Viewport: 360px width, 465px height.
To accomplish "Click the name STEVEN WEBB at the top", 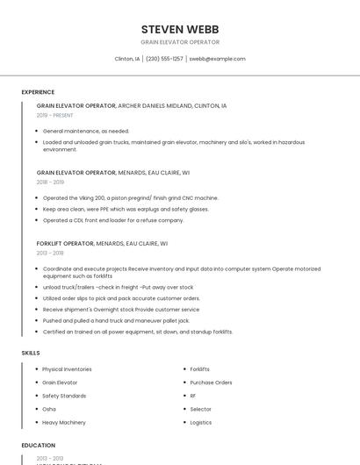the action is [180, 29].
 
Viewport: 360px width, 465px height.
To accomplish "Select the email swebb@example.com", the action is [217, 59].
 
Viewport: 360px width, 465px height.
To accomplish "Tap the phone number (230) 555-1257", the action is [164, 59].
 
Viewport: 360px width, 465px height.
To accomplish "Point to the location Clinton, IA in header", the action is [127, 59].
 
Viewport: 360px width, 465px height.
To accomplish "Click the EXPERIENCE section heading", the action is [38, 92].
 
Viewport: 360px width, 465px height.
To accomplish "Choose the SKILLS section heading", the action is [31, 353].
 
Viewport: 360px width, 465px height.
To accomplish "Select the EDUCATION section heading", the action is [39, 446].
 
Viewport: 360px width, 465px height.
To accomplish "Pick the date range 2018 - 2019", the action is [50, 182].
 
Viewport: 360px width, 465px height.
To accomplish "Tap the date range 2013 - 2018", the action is [50, 253].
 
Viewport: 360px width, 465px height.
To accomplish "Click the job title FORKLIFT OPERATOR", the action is [65, 243].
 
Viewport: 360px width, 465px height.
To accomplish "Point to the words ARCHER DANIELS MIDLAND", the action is [154, 105].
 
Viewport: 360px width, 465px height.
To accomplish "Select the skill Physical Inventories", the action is [67, 369].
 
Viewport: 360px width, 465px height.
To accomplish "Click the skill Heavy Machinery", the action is [64, 422].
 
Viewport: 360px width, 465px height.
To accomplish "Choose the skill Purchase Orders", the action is [211, 383].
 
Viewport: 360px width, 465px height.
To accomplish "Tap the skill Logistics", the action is [201, 422].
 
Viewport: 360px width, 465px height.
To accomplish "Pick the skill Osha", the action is [49, 409].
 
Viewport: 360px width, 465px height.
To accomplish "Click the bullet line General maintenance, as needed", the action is [86, 131].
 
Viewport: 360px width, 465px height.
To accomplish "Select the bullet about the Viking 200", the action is [131, 198].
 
